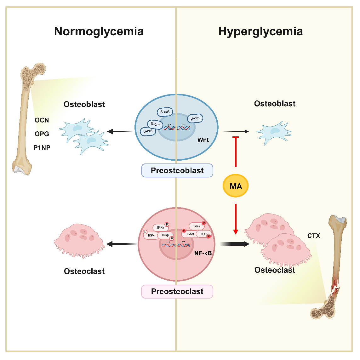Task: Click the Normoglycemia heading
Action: [x=99, y=31]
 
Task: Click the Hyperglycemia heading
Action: [x=260, y=31]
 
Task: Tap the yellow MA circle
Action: [x=236, y=186]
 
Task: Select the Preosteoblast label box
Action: [x=177, y=170]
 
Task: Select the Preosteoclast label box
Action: [x=177, y=291]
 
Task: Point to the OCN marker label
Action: [x=42, y=120]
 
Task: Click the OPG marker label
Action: [x=42, y=134]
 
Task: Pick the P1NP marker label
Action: [x=42, y=147]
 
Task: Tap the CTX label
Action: [x=314, y=236]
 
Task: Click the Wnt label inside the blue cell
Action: [x=203, y=140]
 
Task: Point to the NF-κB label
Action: [x=203, y=253]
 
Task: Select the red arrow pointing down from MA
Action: [x=236, y=219]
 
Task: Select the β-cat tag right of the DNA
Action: [x=195, y=118]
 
